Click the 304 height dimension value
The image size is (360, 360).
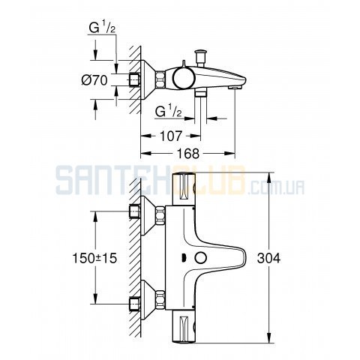268,258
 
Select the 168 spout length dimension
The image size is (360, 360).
188,153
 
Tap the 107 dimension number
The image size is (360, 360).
171,136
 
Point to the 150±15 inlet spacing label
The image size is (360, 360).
94,258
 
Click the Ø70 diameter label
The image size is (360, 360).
94,80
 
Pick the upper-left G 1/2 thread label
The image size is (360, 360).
103,28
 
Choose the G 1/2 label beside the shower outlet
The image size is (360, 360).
168,111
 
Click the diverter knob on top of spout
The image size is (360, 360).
200,57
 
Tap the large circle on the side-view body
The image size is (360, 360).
184,78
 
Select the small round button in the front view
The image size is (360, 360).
201,258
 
